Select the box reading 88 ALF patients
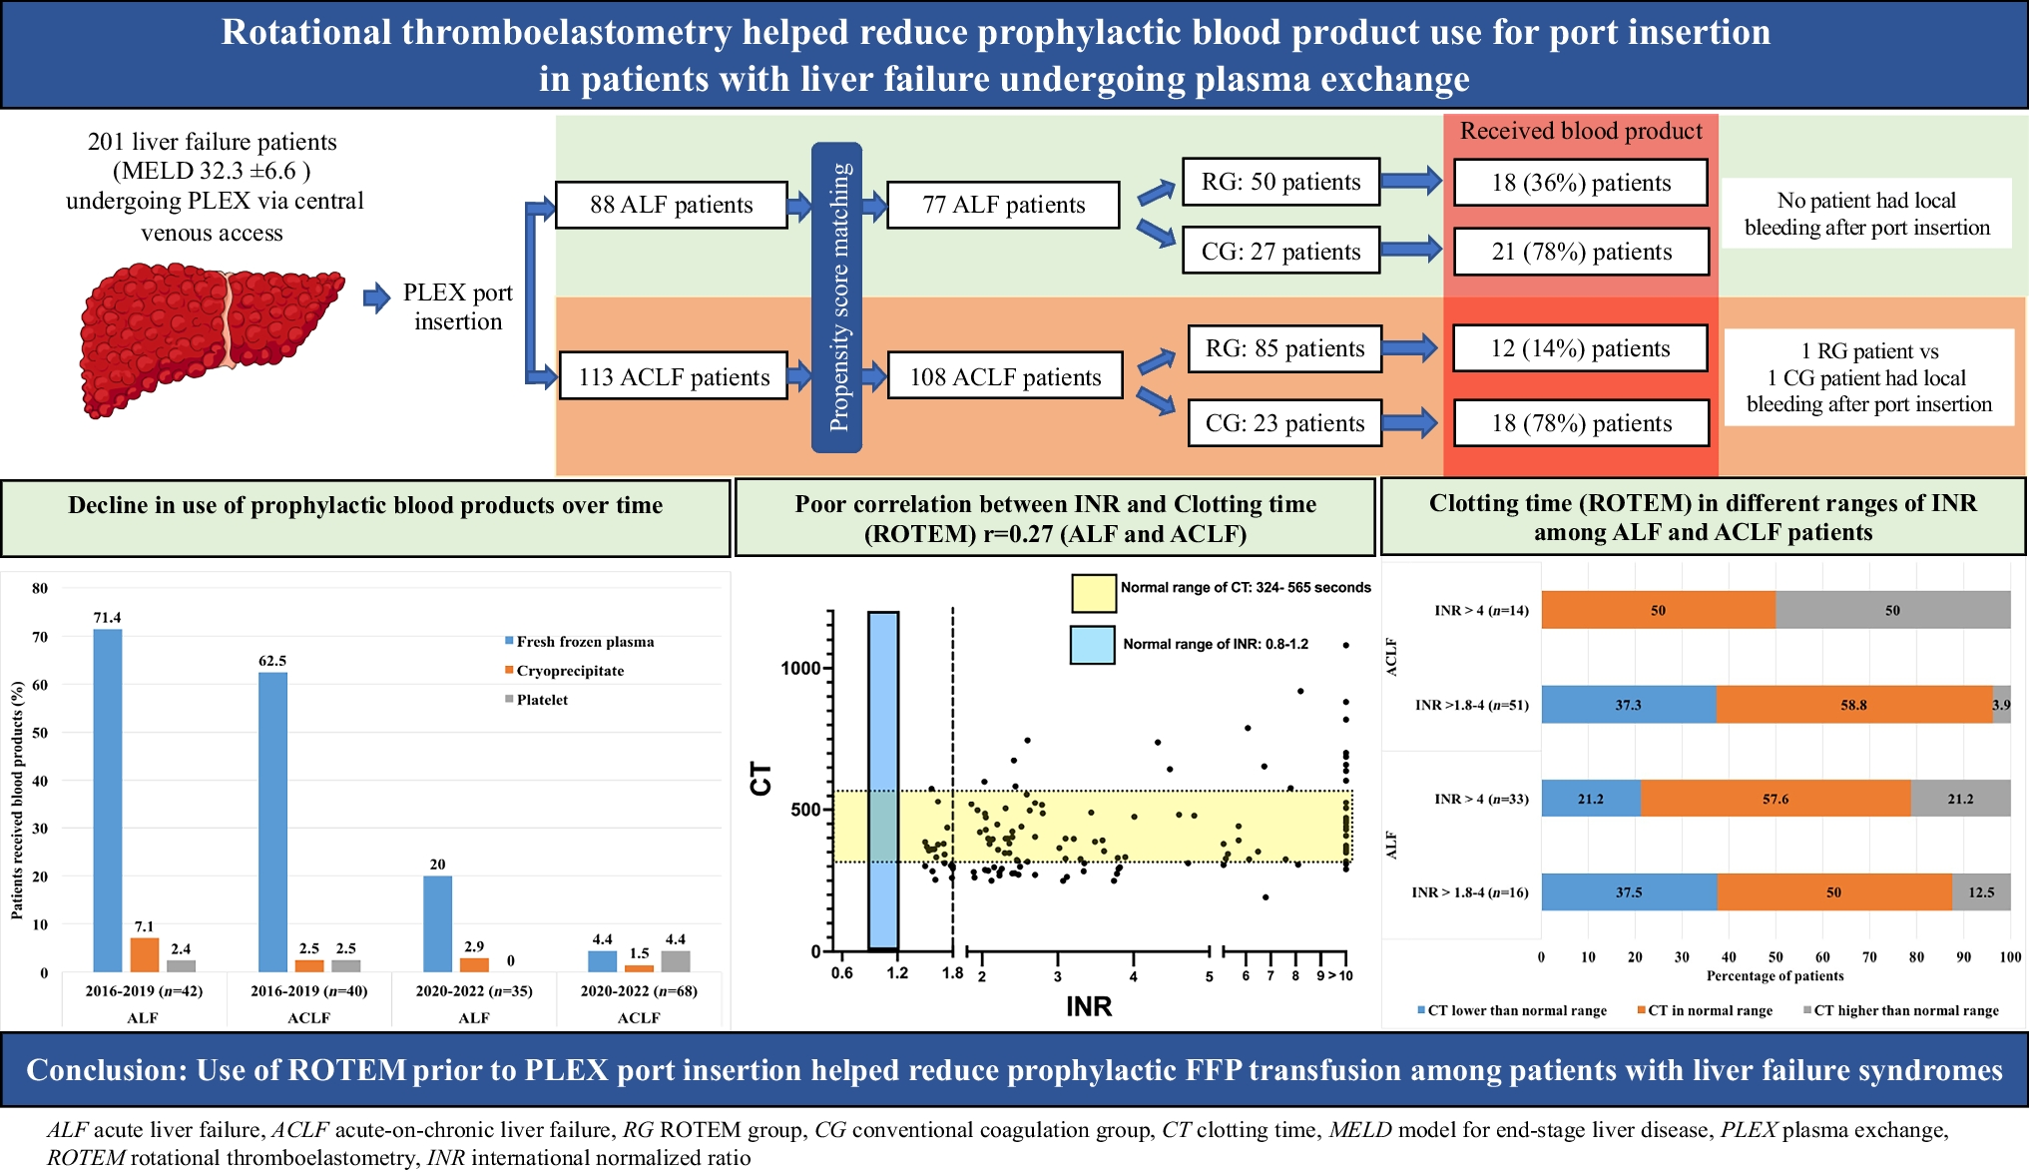pos(671,206)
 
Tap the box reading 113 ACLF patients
pos(674,377)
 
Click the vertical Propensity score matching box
pos(837,297)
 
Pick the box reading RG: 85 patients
pos(1284,348)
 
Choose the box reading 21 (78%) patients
pos(1581,252)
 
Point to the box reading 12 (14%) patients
pos(1580,348)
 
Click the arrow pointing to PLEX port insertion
pos(376,297)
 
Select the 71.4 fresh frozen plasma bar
pos(108,800)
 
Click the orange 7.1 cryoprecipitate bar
pos(145,954)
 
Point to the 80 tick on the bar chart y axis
pos(40,588)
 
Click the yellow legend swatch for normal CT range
pos(1093,593)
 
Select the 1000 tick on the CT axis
pos(800,668)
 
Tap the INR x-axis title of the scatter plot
pos(1089,1006)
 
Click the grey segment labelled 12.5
pos(1981,892)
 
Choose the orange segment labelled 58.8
pos(1853,705)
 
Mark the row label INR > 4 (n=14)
pos(1481,610)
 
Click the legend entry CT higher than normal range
pos(1906,1010)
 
